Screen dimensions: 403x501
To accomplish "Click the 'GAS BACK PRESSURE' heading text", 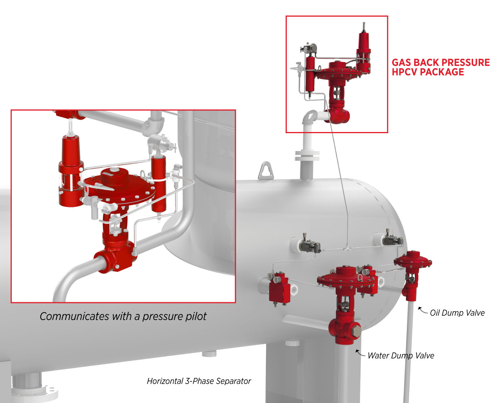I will point(440,63).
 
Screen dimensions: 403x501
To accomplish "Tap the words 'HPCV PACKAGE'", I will point(428,72).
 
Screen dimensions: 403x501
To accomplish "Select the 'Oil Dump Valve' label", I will point(457,313).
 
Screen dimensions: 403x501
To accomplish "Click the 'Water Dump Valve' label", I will point(401,356).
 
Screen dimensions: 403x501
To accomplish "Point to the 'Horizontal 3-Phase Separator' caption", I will point(199,381).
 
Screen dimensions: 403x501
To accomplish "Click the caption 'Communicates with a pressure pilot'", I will point(123,317).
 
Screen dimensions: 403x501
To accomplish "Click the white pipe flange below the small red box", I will point(307,156).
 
